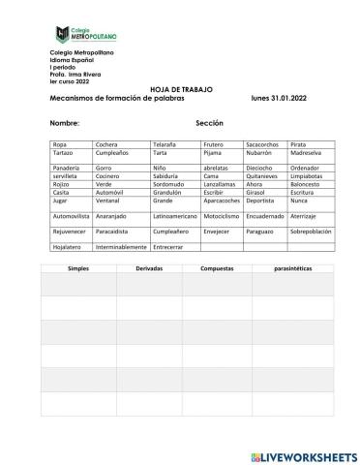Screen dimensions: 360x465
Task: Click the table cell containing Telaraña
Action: click(x=165, y=143)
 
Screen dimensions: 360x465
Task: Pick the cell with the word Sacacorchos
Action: click(x=236, y=143)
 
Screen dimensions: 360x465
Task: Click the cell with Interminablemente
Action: click(x=120, y=247)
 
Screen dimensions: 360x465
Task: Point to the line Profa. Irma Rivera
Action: click(x=75, y=71)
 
